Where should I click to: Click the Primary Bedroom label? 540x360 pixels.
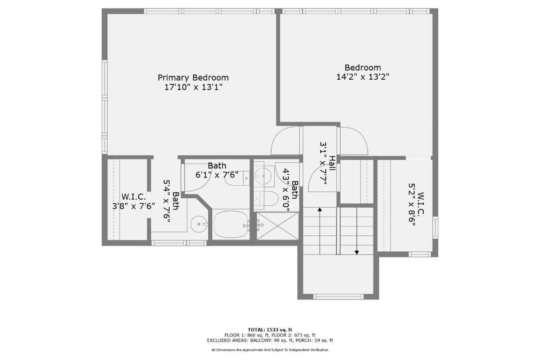pyautogui.click(x=193, y=78)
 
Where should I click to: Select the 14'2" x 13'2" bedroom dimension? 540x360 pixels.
pyautogui.click(x=363, y=77)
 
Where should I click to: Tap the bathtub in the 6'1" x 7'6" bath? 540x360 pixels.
pyautogui.click(x=231, y=225)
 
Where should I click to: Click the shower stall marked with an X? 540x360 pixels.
pyautogui.click(x=277, y=226)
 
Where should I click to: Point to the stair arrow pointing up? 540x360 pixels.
pyautogui.click(x=320, y=230)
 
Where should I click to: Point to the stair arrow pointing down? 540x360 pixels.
pyautogui.click(x=357, y=230)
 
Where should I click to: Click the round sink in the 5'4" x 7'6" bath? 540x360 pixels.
pyautogui.click(x=200, y=224)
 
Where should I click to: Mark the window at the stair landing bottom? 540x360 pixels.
pyautogui.click(x=338, y=296)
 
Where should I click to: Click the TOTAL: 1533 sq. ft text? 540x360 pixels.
pyautogui.click(x=270, y=330)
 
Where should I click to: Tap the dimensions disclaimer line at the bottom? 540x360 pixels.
pyautogui.click(x=270, y=350)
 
